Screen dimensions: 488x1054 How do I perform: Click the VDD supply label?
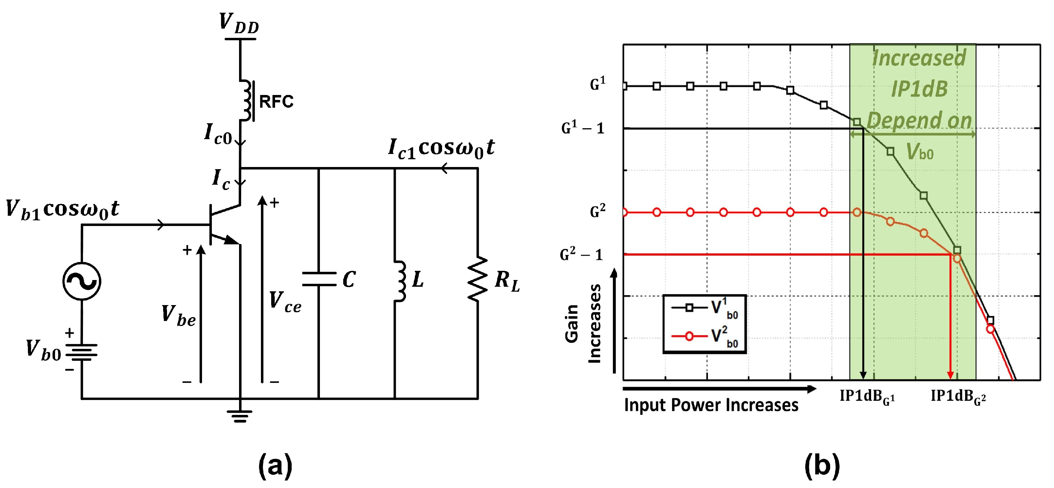click(x=239, y=23)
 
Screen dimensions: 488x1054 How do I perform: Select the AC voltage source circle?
click(x=82, y=281)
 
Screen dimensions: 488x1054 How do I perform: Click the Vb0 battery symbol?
click(x=82, y=352)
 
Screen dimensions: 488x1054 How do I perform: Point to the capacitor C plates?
click(x=319, y=279)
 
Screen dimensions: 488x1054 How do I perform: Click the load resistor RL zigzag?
click(x=477, y=279)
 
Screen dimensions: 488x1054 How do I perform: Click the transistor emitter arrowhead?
click(x=231, y=240)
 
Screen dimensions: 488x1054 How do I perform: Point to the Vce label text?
click(x=285, y=303)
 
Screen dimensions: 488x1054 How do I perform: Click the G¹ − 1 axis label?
click(x=583, y=129)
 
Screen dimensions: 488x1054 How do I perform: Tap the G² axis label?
click(x=597, y=212)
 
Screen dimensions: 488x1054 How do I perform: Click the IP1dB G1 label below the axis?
click(x=867, y=397)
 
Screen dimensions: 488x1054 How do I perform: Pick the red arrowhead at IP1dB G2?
click(x=951, y=375)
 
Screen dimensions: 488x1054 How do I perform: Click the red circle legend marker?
click(x=690, y=336)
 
